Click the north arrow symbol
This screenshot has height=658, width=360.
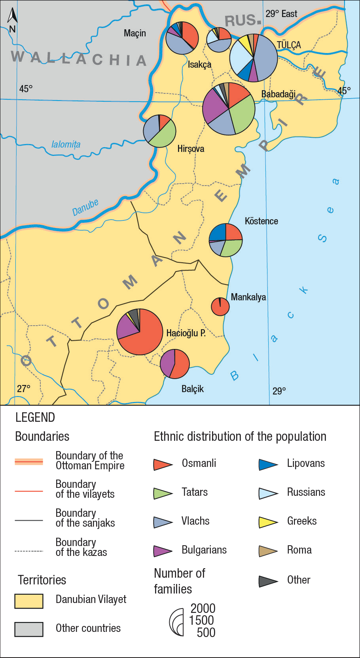point(12,20)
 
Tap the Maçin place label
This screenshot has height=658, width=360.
point(135,33)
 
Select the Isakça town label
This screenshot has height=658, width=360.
point(199,64)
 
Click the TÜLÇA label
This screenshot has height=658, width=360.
point(289,45)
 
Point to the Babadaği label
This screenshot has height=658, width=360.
point(279,94)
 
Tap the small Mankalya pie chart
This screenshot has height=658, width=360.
point(220,307)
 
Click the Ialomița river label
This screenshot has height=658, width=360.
point(66,144)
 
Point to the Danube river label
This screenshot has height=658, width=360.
point(85,207)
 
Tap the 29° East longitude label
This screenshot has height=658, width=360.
point(281,14)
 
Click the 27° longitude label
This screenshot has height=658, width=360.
point(23,389)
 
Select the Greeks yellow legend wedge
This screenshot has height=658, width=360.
point(267,522)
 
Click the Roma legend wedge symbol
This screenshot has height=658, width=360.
point(267,551)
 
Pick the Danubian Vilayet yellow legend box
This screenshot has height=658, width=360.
point(29,601)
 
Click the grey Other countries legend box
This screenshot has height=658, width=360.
point(29,629)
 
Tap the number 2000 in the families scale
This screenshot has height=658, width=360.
point(203,609)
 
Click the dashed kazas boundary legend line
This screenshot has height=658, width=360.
point(29,551)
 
